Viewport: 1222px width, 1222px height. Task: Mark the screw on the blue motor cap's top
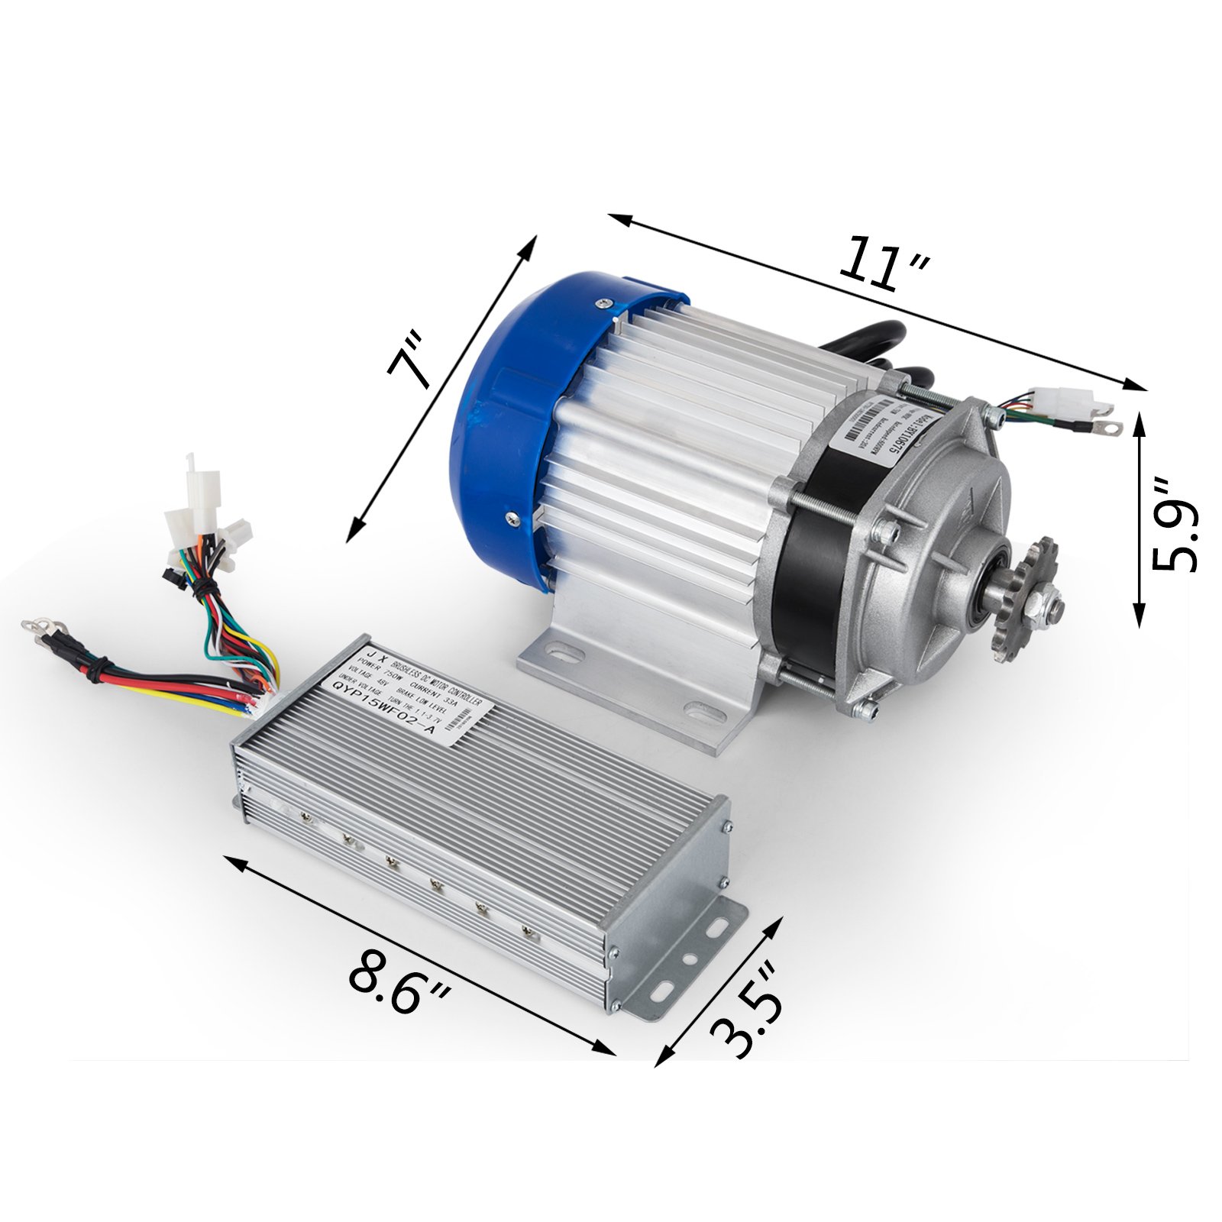pos(605,304)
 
